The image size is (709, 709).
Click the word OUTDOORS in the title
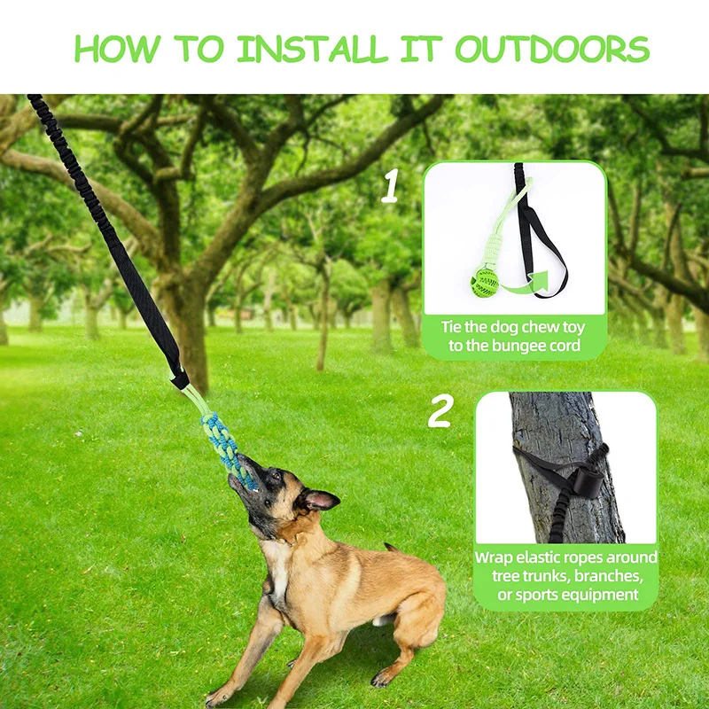(x=552, y=49)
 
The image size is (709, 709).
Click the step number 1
(x=390, y=188)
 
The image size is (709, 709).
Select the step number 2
(x=440, y=411)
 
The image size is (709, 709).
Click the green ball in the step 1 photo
(x=485, y=283)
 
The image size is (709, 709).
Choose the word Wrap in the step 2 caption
(x=496, y=557)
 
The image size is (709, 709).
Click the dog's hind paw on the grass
(x=382, y=677)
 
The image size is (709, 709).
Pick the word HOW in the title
(x=110, y=49)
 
